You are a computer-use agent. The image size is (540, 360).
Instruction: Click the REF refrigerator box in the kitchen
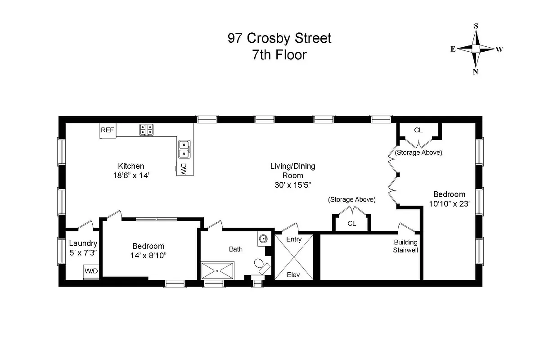tap(107, 130)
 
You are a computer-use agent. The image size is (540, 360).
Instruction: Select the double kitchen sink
tap(184, 149)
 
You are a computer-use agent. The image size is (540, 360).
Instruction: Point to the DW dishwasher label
tap(184, 169)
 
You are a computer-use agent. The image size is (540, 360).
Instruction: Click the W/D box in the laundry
tap(90, 271)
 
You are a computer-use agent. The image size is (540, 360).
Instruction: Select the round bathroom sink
tap(263, 238)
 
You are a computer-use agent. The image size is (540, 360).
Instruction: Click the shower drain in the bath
tap(218, 271)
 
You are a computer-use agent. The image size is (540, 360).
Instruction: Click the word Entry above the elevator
tap(294, 239)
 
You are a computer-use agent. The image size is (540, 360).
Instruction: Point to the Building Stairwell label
tap(406, 246)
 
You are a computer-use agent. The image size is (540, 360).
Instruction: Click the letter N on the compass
tap(476, 72)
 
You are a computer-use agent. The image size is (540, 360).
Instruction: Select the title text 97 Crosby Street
tap(279, 39)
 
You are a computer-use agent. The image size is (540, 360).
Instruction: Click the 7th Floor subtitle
tap(279, 55)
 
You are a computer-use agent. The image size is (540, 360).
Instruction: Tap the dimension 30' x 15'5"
tap(292, 184)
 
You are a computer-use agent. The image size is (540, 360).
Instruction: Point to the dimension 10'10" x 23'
tap(449, 203)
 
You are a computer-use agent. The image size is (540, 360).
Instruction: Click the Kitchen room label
tap(131, 166)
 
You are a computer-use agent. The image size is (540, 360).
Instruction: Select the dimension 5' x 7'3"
tap(83, 253)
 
